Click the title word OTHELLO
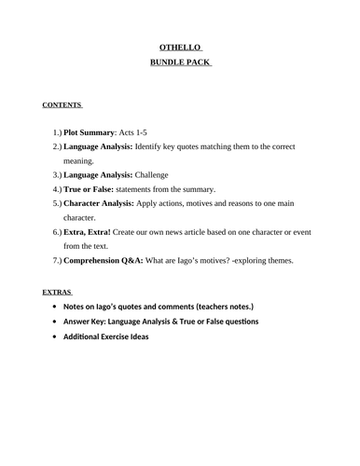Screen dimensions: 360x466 [x=179, y=48]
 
